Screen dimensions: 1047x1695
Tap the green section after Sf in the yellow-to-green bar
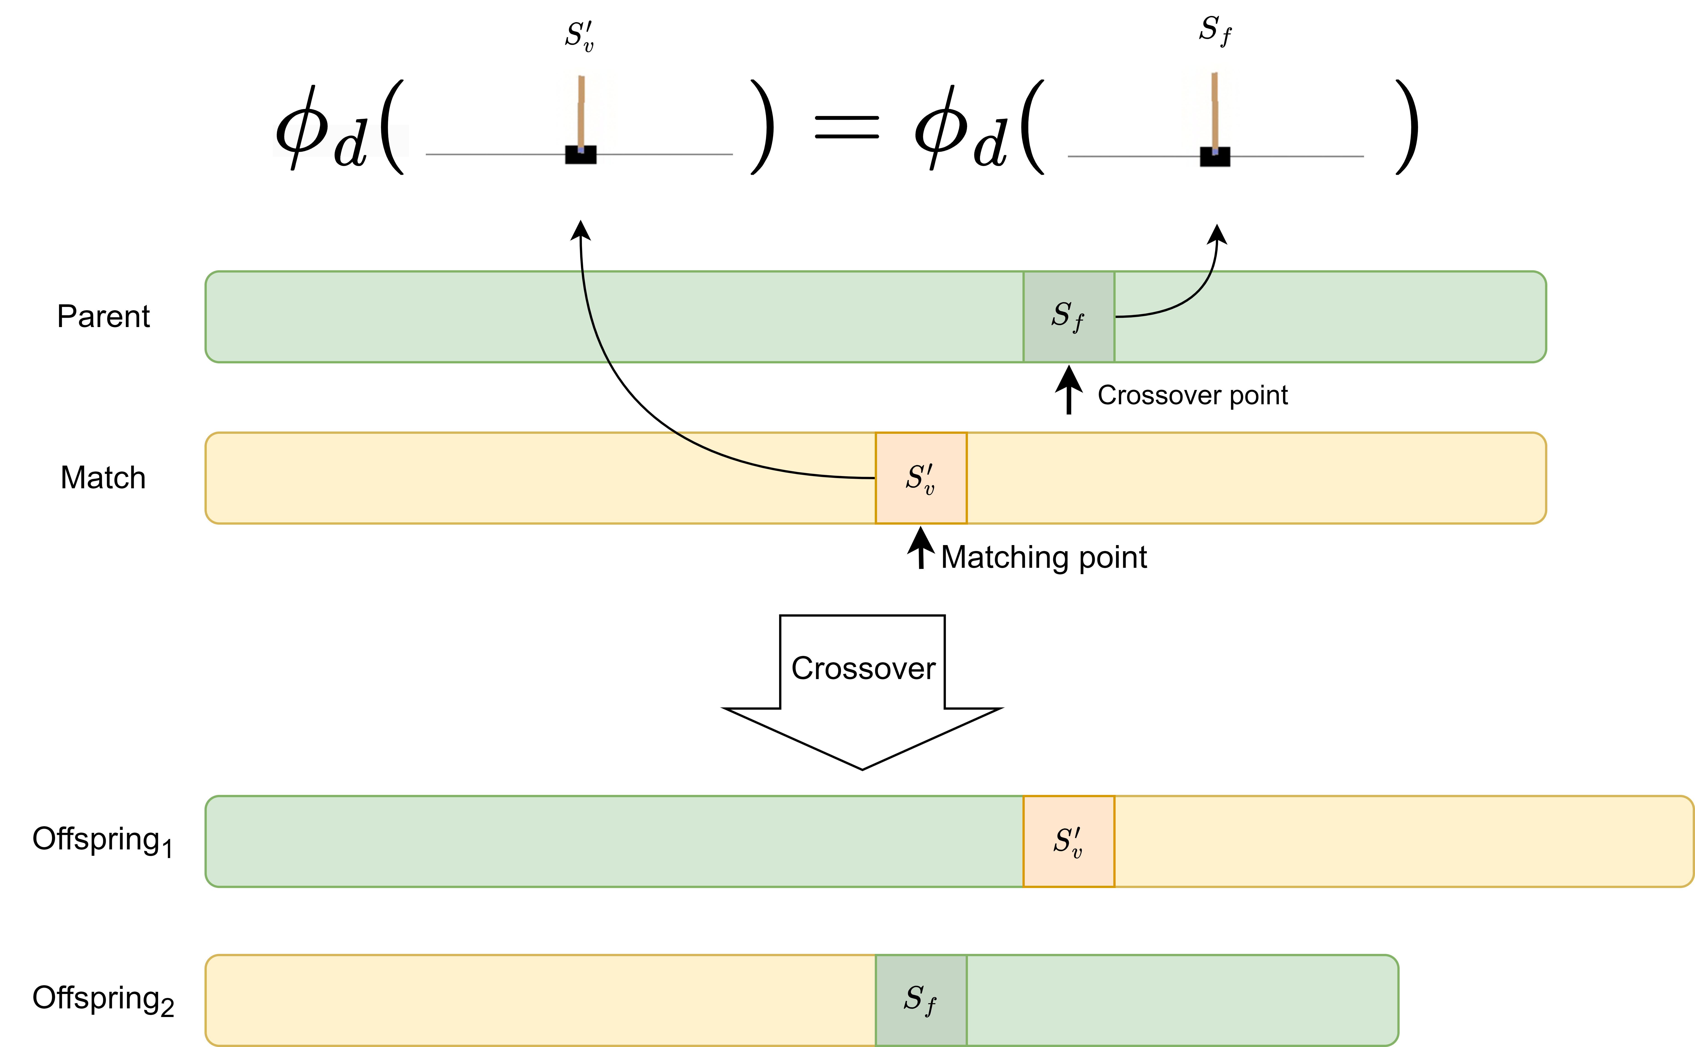coord(1178,1000)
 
